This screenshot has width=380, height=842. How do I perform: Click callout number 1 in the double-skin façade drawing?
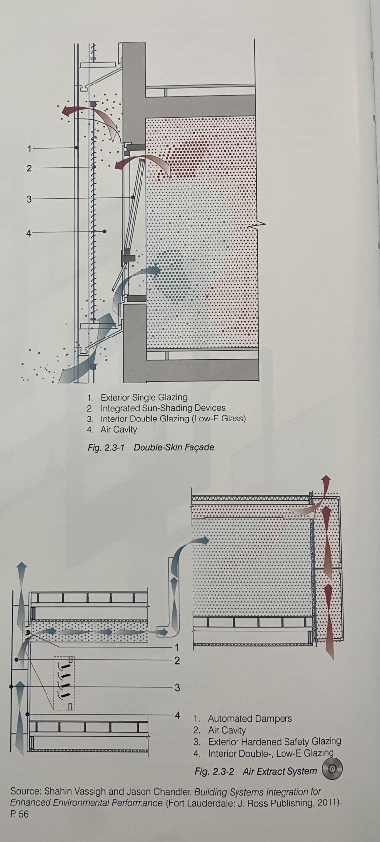pos(29,149)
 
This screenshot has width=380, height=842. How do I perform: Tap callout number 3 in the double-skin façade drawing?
pos(29,199)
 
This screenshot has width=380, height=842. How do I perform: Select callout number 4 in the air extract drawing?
pos(177,715)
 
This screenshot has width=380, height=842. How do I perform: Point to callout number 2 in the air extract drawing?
pos(177,660)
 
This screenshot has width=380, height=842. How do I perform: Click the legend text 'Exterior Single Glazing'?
pos(144,397)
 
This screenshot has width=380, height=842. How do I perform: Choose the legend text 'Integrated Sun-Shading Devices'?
pos(163,408)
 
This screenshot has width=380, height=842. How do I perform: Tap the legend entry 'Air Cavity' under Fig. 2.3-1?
pos(118,429)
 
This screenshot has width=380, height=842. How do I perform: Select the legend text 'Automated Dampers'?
pos(250,719)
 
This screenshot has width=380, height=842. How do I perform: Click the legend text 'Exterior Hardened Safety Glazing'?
pos(275,742)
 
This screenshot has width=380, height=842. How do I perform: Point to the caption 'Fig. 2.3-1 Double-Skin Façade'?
pos(151,447)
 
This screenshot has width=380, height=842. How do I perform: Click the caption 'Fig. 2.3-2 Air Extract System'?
pos(256,771)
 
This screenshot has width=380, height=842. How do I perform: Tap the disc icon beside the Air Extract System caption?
pos(332,770)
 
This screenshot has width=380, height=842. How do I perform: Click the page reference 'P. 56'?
pos(20,814)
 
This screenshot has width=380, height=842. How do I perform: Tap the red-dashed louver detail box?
pos(63,683)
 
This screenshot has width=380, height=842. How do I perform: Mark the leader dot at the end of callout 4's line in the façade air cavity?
pos(105,231)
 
